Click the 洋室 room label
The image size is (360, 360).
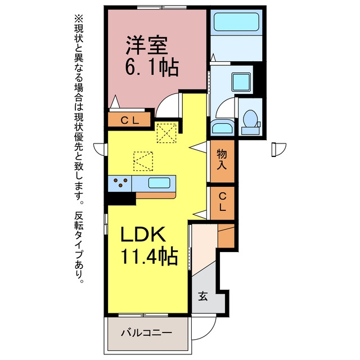tap(147, 46)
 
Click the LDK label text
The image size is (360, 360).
tap(143, 234)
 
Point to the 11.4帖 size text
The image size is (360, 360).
tap(149, 256)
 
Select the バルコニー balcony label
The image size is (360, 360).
tap(146, 332)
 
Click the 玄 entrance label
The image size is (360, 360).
tap(203, 296)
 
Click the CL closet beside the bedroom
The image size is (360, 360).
tap(130, 120)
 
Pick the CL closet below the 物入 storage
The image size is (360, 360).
tap(222, 202)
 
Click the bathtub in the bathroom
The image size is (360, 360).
tap(236, 22)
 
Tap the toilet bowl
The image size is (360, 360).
tap(250, 119)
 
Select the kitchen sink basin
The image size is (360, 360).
tap(159, 183)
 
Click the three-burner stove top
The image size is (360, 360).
tap(120, 183)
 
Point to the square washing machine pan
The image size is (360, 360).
tap(241, 82)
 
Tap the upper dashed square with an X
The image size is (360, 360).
tap(166, 133)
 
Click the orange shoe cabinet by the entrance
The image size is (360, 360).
tap(226, 236)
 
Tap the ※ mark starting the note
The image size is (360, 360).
tap(79, 19)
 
